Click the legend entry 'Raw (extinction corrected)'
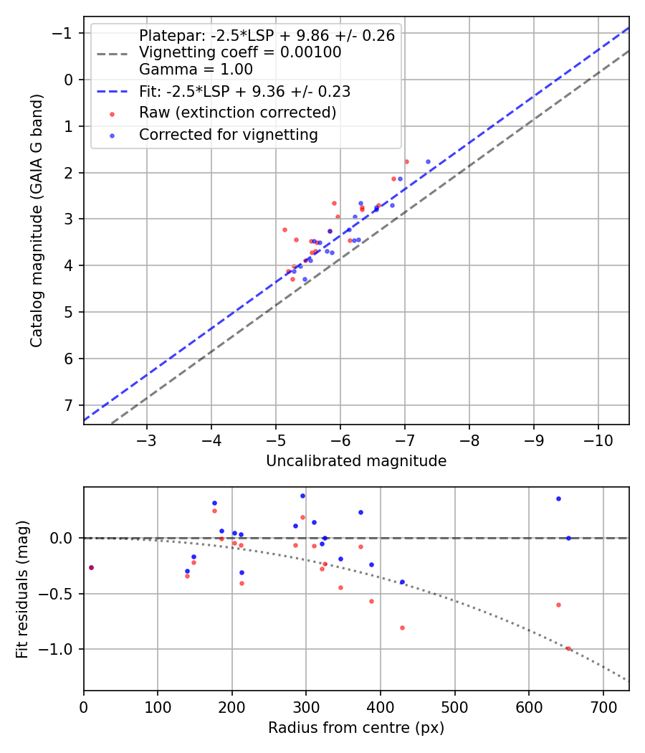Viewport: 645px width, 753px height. click(237, 113)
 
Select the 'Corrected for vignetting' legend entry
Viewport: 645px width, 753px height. click(228, 134)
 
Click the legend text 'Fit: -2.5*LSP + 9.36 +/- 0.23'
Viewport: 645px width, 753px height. click(244, 91)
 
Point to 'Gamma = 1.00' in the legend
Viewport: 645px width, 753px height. click(196, 70)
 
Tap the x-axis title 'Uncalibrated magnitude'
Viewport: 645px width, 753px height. click(356, 461)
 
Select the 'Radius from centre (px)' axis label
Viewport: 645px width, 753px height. click(356, 728)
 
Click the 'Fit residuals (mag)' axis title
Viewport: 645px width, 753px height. click(22, 589)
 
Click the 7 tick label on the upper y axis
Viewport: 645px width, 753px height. click(69, 405)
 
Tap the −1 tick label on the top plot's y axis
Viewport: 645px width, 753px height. click(64, 33)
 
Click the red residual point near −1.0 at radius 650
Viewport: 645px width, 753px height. click(568, 648)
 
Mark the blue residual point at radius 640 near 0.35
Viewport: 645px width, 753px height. click(558, 498)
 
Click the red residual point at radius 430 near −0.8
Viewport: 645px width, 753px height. click(402, 627)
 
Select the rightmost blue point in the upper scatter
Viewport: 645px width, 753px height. click(428, 161)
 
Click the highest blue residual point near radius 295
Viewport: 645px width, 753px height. click(302, 496)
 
